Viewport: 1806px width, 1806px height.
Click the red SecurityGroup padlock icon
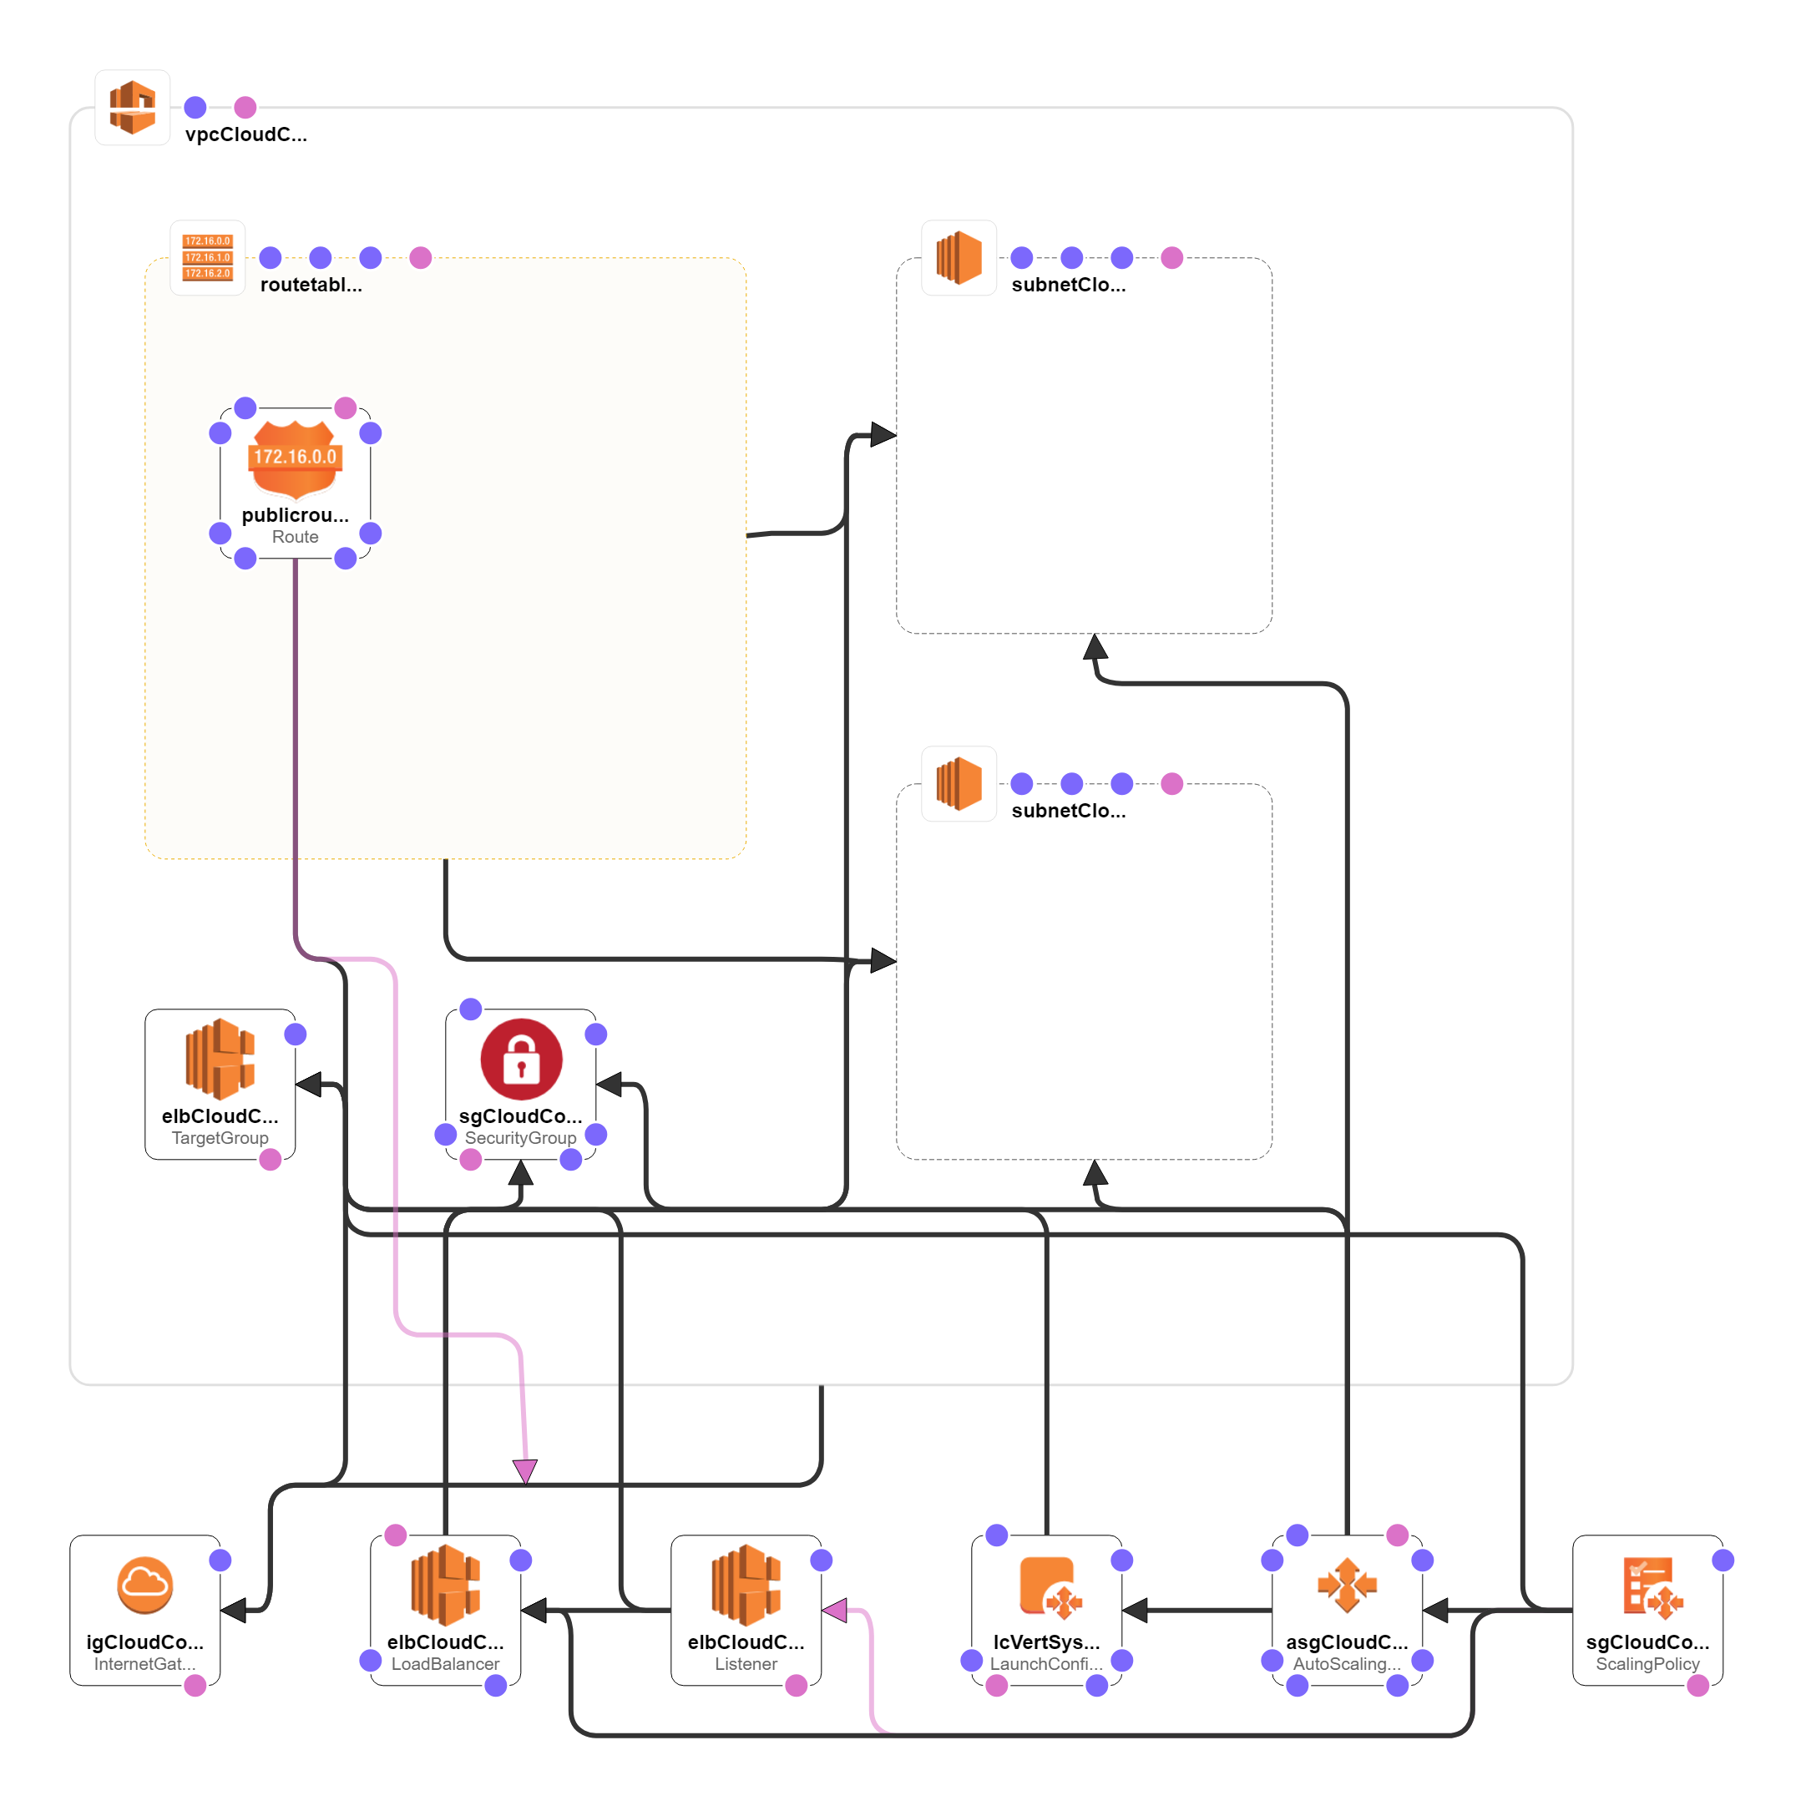(x=521, y=1059)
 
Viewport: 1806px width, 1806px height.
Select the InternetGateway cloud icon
(x=145, y=1586)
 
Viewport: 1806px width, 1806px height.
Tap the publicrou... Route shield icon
(x=295, y=458)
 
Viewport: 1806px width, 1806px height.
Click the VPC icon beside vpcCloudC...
(x=132, y=108)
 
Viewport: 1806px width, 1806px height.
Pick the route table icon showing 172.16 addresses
(x=208, y=257)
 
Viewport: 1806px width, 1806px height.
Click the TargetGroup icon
(x=220, y=1059)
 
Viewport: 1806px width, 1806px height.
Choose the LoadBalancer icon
(x=445, y=1586)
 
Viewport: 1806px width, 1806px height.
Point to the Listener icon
(x=745, y=1586)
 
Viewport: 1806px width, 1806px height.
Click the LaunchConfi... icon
(x=1046, y=1586)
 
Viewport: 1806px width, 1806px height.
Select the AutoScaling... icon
(x=1347, y=1586)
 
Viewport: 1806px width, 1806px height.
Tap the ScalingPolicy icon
(x=1648, y=1586)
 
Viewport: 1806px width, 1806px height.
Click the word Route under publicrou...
(x=296, y=537)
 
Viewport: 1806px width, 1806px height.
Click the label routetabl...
(x=311, y=285)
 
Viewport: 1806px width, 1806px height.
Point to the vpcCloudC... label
(x=245, y=134)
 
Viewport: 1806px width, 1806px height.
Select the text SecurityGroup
(x=521, y=1138)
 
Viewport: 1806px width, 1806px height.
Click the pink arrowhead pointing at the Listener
(x=835, y=1611)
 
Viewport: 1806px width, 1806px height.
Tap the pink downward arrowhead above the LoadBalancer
(x=525, y=1471)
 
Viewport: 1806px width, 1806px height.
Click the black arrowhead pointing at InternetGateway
(x=234, y=1611)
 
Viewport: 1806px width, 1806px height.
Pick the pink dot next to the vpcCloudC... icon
(x=245, y=108)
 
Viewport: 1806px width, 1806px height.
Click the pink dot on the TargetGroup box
(x=271, y=1160)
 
